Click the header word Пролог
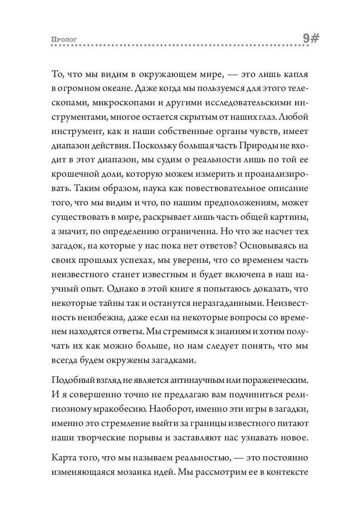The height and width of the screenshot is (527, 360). coord(64,40)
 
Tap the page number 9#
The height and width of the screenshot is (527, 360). coord(311,39)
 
